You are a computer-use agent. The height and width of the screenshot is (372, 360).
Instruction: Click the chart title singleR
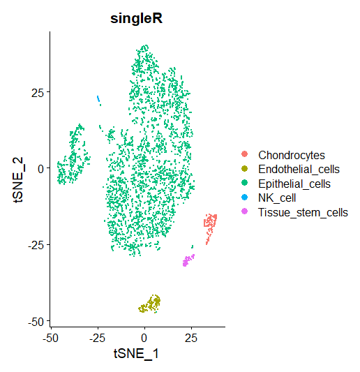(x=136, y=19)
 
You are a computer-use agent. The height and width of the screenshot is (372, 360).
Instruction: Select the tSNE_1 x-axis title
(x=136, y=354)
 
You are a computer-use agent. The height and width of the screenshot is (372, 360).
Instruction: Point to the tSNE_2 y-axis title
(x=18, y=179)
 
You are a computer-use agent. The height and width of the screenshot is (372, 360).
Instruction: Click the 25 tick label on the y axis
(x=38, y=93)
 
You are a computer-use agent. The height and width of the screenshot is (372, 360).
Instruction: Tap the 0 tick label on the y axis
(x=40, y=169)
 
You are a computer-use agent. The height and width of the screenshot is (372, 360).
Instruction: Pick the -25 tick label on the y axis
(x=36, y=245)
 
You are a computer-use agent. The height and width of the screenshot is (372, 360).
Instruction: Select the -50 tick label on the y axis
(x=36, y=322)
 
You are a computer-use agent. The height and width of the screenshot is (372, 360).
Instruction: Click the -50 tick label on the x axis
(x=50, y=338)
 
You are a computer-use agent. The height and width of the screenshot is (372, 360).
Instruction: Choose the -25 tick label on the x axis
(x=98, y=338)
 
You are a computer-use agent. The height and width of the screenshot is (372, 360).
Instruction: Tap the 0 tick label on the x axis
(x=144, y=338)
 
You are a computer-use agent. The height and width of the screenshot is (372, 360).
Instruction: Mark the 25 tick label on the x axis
(x=191, y=338)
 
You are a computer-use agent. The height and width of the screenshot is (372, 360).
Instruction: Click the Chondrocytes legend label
(x=292, y=156)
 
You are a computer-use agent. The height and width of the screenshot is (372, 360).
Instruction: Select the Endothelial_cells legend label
(x=299, y=170)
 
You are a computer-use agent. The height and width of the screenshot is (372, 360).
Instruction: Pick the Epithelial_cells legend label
(x=294, y=184)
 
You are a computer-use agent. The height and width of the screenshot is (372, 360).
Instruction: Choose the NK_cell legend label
(x=277, y=198)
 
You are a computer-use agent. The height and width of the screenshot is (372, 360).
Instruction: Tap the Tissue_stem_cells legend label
(x=303, y=212)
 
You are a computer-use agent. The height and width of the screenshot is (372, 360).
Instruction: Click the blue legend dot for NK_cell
(x=244, y=197)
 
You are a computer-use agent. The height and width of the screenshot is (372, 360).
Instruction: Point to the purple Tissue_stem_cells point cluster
(x=188, y=260)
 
